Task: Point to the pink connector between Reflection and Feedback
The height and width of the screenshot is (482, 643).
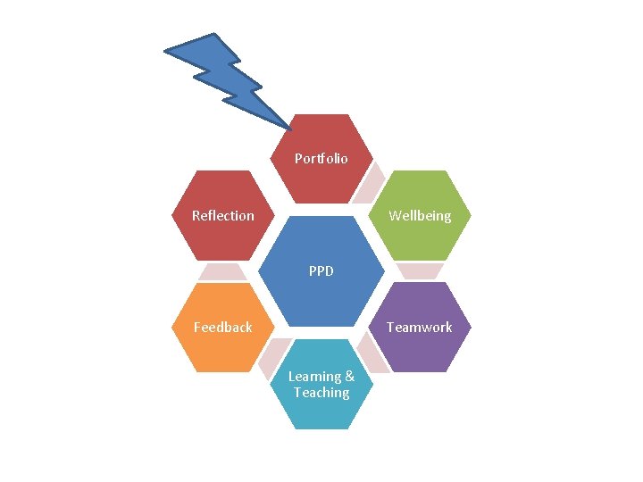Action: click(x=222, y=271)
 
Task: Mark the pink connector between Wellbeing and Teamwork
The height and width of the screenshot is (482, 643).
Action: click(x=420, y=271)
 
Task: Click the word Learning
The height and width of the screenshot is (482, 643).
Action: click(x=314, y=377)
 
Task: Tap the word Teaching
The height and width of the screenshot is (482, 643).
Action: click(x=321, y=393)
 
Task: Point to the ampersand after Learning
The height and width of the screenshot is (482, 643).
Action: click(x=349, y=377)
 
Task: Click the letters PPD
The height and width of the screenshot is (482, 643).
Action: click(x=321, y=270)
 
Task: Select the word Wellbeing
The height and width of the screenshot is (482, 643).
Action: click(x=420, y=216)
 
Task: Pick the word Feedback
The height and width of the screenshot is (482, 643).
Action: click(x=223, y=328)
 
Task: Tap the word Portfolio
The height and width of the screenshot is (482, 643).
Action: click(x=321, y=159)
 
